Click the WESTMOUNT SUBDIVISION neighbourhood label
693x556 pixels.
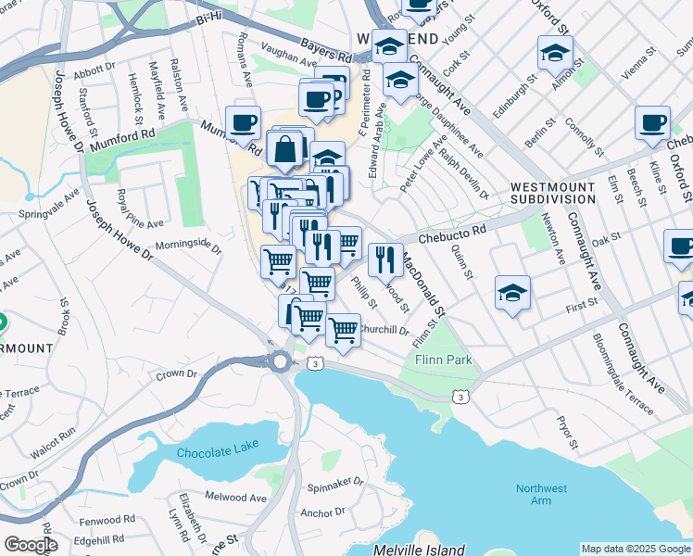(553, 193)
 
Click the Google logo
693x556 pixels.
(31, 545)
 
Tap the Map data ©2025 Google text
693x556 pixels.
(635, 549)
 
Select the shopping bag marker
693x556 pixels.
(285, 147)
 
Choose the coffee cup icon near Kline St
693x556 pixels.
(652, 121)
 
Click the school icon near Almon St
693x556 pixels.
(555, 52)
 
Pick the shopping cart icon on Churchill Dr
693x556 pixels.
(343, 329)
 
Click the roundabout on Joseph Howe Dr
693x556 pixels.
(281, 360)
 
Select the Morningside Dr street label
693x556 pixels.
(188, 248)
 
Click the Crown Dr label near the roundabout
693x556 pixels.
(176, 375)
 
